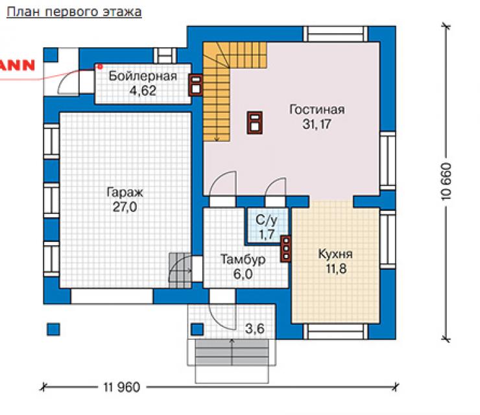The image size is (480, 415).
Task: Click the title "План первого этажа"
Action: pos(74,12)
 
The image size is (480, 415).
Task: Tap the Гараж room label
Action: pos(125,193)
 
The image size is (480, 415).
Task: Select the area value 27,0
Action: pos(125,207)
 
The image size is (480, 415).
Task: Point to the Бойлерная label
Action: pos(143,76)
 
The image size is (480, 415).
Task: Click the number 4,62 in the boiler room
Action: pos(143,91)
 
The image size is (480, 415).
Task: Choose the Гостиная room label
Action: pos(317,110)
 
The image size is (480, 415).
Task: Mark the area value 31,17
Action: pos(317,124)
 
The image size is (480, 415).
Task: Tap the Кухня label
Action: pos(335,254)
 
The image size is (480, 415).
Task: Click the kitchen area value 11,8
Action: pos(336,268)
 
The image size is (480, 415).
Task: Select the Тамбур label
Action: pos(243,259)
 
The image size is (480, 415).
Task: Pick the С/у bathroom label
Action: pos(267,220)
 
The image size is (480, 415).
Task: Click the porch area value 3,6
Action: pos(255,329)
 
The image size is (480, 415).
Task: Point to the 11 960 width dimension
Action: pos(121,387)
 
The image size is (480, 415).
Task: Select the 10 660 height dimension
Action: pos(447,182)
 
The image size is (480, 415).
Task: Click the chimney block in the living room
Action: pos(255,123)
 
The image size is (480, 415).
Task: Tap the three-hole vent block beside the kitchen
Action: pos(285,249)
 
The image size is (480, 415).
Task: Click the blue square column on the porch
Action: pos(197,329)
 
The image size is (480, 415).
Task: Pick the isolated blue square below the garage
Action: pos(53,329)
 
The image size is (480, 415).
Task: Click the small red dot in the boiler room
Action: pos(100,66)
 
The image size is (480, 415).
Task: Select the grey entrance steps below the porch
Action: pos(232,352)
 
